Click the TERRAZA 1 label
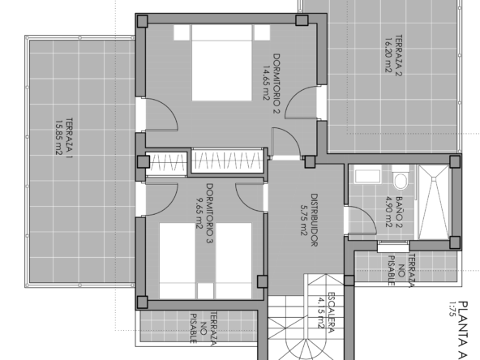(70, 139)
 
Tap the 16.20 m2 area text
(388, 55)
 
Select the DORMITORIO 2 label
(276, 84)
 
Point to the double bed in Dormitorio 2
(222, 62)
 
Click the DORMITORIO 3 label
(210, 213)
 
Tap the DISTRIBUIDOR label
(315, 220)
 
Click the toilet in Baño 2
(401, 178)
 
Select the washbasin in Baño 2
(367, 176)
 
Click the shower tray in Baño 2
(434, 202)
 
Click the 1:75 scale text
(452, 309)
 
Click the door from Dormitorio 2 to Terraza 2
(302, 102)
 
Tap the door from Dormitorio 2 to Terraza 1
(161, 115)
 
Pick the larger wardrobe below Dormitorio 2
(228, 161)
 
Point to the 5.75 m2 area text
(304, 220)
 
